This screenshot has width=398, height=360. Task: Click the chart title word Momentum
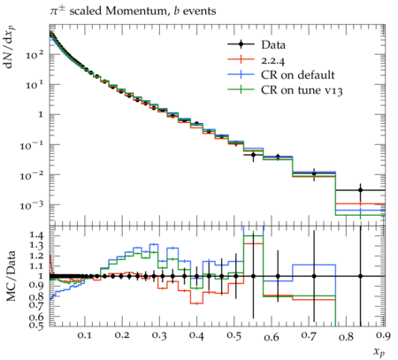point(136,11)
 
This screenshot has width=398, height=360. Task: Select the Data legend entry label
point(273,45)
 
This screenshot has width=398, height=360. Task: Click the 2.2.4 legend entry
point(273,60)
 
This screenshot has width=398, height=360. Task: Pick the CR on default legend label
point(298,75)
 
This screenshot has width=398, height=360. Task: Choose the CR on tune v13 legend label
point(302,90)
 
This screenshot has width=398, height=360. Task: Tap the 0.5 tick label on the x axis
point(234,336)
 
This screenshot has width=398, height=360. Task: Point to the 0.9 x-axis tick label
point(384,336)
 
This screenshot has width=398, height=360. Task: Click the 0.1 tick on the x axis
point(85,336)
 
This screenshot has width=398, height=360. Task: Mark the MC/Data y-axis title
point(11,276)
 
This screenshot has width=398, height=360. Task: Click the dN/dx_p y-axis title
point(11,47)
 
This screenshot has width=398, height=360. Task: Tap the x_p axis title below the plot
point(379,351)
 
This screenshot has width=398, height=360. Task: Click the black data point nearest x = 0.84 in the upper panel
point(360,190)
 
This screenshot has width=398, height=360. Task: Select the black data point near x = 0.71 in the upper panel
point(314,173)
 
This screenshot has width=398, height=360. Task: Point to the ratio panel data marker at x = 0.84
point(360,276)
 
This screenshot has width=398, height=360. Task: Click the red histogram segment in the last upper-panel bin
point(360,203)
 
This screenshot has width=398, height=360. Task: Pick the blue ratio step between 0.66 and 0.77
point(314,264)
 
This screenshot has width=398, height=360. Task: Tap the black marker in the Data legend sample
point(241,44)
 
